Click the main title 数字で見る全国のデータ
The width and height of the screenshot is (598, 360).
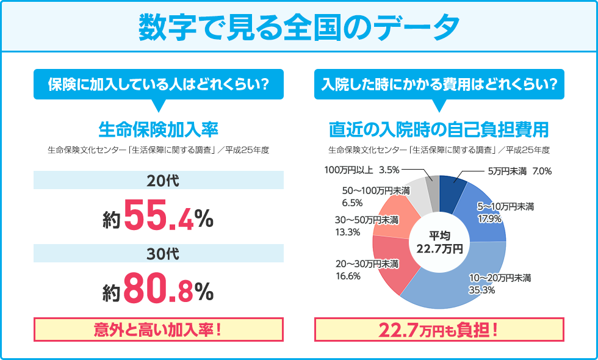(299, 26)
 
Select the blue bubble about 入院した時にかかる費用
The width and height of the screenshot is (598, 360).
(439, 84)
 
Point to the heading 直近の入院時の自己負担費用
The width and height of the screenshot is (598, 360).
(439, 129)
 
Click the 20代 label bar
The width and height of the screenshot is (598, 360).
(159, 180)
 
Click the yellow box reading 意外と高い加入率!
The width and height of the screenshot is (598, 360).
(159, 329)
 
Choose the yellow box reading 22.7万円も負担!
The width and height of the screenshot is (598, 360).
(439, 329)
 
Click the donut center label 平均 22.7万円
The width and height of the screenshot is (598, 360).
(439, 242)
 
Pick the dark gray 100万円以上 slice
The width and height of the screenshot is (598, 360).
(432, 185)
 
